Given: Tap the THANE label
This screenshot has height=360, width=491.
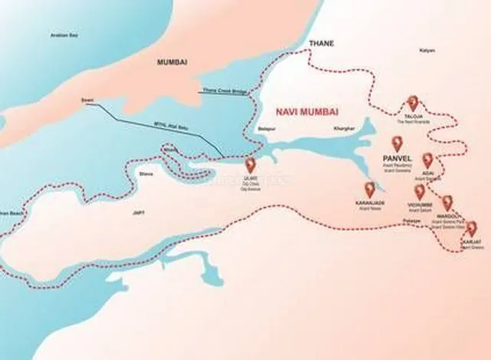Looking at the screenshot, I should point(321,44).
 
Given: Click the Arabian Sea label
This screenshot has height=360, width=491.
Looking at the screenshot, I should point(64,35).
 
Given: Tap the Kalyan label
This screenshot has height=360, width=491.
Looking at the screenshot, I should point(427,50).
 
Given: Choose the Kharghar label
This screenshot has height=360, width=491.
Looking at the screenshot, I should point(345,128).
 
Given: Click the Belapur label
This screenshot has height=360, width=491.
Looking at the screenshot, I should point(266,128).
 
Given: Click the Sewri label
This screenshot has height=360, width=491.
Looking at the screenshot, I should point(87,100).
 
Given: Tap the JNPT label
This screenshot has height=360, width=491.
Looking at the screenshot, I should point(139,212).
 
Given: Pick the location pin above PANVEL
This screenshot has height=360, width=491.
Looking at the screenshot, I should point(397,142).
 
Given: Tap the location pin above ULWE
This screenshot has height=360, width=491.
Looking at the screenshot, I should point(250,165).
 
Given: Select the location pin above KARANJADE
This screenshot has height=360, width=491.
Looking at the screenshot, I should point(371,189).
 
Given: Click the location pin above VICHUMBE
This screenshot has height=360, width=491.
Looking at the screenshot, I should point(419,192).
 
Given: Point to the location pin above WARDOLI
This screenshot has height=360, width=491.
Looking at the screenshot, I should point(447,203).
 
